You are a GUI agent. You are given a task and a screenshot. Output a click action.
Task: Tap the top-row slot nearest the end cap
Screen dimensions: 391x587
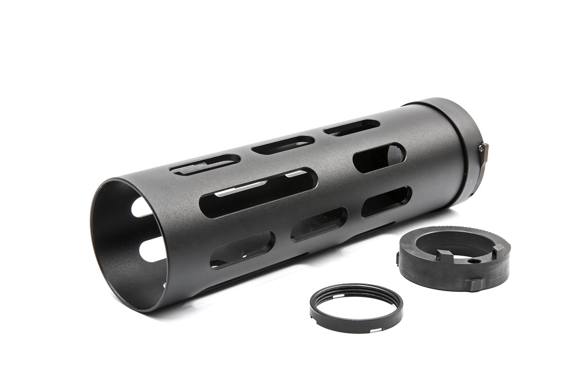click(352, 127)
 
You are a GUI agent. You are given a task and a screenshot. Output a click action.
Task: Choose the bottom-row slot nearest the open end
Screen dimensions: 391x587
click(242, 249)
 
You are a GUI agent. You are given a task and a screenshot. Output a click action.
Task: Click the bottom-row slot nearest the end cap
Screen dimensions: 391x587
click(386, 202)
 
